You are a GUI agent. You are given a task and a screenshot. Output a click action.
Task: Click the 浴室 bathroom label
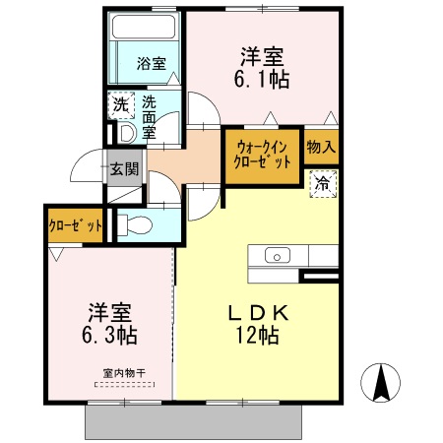point(151,64)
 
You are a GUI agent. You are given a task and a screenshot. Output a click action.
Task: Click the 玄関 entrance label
point(123,168)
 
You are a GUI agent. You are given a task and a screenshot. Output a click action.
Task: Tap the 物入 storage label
point(321,148)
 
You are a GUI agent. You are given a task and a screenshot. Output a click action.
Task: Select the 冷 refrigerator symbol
point(322,182)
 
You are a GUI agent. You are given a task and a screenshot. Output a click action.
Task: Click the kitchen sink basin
point(276,257)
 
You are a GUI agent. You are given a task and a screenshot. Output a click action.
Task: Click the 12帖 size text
point(256,336)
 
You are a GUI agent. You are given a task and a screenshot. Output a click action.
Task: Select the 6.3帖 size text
point(110,335)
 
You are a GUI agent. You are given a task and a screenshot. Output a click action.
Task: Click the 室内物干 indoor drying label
point(123,373)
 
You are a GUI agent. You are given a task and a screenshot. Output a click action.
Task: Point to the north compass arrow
point(382,381)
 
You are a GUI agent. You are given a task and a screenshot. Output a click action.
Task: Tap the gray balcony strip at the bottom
point(193,421)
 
